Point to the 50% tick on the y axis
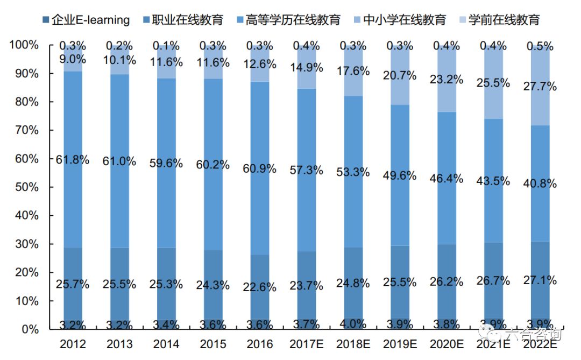pyautogui.click(x=24, y=187)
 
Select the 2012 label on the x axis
pyautogui.click(x=73, y=344)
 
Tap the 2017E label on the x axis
pyautogui.click(x=307, y=344)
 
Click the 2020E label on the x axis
pyautogui.click(x=447, y=344)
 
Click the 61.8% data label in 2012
pyautogui.click(x=73, y=160)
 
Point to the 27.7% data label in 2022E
pyautogui.click(x=540, y=86)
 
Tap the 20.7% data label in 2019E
pyautogui.click(x=400, y=75)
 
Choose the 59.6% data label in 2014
pyautogui.click(x=166, y=164)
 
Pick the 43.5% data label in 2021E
pyautogui.click(x=493, y=181)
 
